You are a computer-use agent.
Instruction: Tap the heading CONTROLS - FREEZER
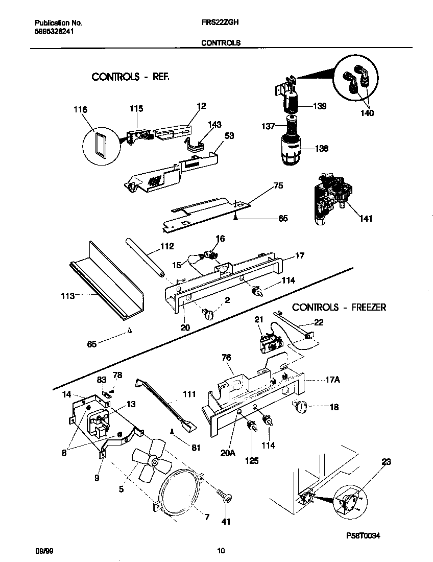(x=339, y=307)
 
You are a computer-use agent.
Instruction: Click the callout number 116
(x=80, y=109)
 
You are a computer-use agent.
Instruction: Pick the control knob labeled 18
(x=298, y=407)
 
